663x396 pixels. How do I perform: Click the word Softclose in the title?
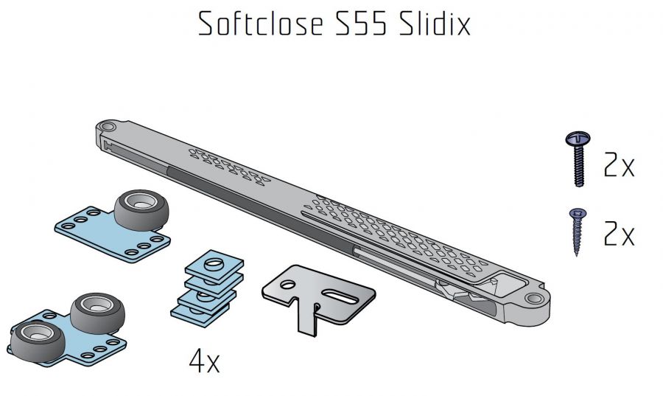click(261, 24)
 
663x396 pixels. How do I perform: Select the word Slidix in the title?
click(434, 24)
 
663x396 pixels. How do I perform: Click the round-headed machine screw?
click(578, 159)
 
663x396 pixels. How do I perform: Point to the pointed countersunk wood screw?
click(577, 232)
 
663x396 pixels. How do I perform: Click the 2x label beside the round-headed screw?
click(619, 164)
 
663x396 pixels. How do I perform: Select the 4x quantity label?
click(204, 361)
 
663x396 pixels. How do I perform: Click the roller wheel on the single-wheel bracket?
click(141, 209)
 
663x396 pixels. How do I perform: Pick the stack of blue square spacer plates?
click(207, 288)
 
